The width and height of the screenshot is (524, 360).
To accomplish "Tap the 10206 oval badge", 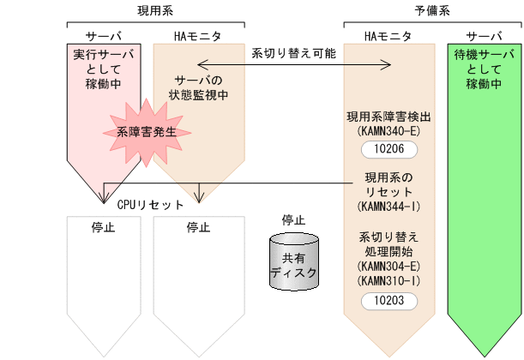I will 388,149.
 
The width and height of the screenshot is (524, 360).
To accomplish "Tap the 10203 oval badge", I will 388,300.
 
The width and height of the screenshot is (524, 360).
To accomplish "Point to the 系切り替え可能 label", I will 293,52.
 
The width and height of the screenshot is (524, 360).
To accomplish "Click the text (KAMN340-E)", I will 388,131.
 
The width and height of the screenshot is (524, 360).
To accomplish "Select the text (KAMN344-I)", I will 388,207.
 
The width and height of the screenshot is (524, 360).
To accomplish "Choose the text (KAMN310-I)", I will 388,281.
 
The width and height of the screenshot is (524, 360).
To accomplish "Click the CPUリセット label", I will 150,205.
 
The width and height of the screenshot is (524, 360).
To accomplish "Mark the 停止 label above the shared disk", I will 293,220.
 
